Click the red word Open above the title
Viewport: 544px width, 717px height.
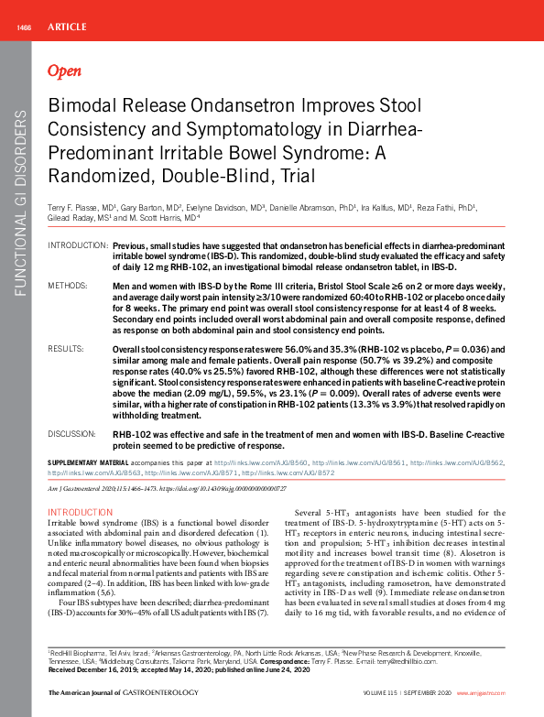(x=64, y=71)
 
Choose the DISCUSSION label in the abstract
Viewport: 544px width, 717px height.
(x=71, y=431)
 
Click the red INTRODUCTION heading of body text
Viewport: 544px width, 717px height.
(x=80, y=512)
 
